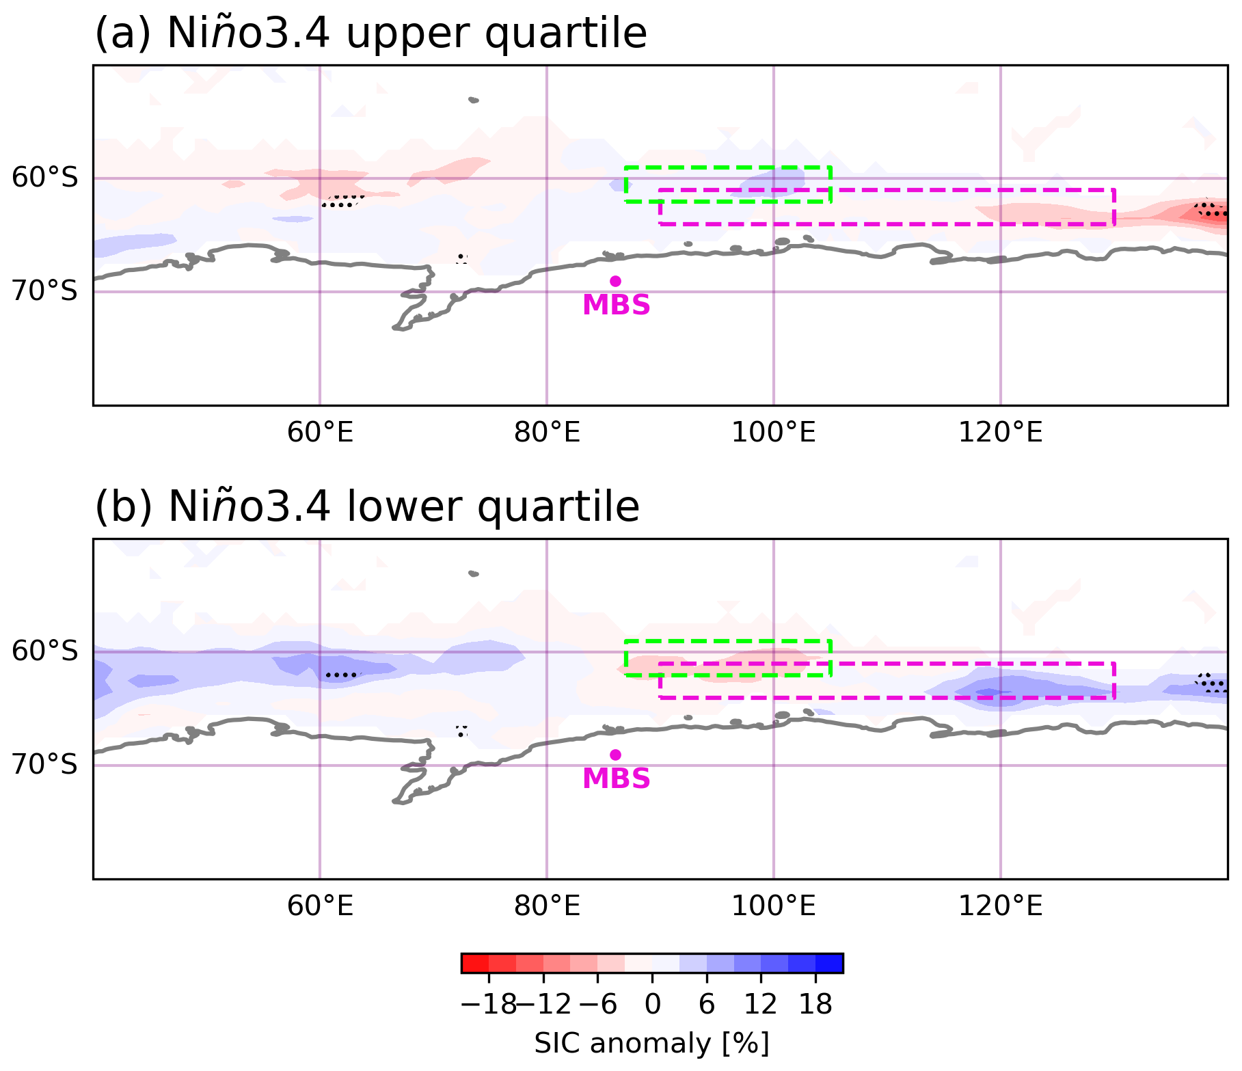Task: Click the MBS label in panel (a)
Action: pyautogui.click(x=616, y=305)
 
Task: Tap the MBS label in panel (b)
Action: pyautogui.click(x=616, y=778)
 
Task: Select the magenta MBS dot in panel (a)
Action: pyautogui.click(x=615, y=281)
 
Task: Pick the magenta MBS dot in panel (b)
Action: pyautogui.click(x=615, y=755)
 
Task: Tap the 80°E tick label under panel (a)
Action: pyautogui.click(x=547, y=432)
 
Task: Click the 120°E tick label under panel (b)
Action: pyautogui.click(x=1000, y=906)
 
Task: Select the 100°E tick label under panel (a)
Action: pyautogui.click(x=773, y=432)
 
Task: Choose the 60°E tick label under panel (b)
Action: pyautogui.click(x=320, y=906)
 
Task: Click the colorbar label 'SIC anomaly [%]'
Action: pyautogui.click(x=651, y=1043)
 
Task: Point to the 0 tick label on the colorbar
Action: pyautogui.click(x=652, y=1004)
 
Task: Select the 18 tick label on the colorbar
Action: pyautogui.click(x=815, y=1004)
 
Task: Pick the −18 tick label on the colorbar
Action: pyautogui.click(x=489, y=1004)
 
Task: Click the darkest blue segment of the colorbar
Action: pyautogui.click(x=829, y=963)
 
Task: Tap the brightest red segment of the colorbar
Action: pyautogui.click(x=475, y=963)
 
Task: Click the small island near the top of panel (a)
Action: pyautogui.click(x=474, y=100)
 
